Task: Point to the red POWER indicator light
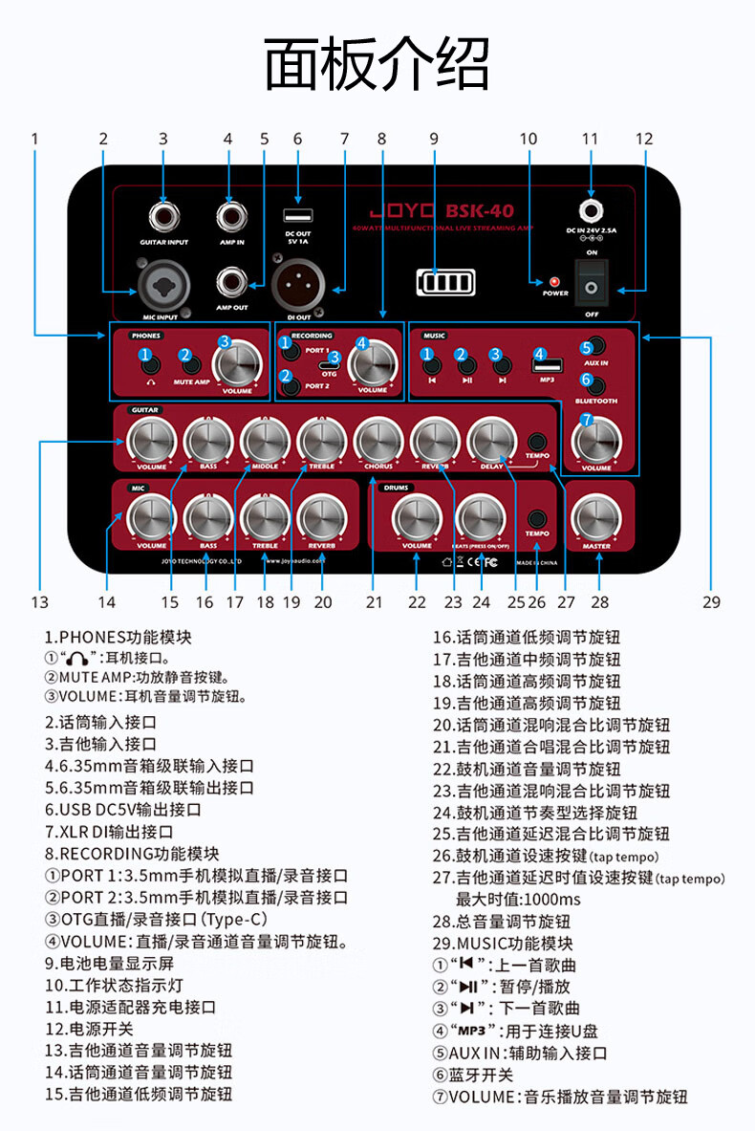click(553, 282)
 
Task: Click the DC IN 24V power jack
click(592, 210)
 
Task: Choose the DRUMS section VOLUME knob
click(417, 518)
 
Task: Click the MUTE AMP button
click(192, 362)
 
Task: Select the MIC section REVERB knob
click(322, 518)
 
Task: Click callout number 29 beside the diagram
click(710, 601)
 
